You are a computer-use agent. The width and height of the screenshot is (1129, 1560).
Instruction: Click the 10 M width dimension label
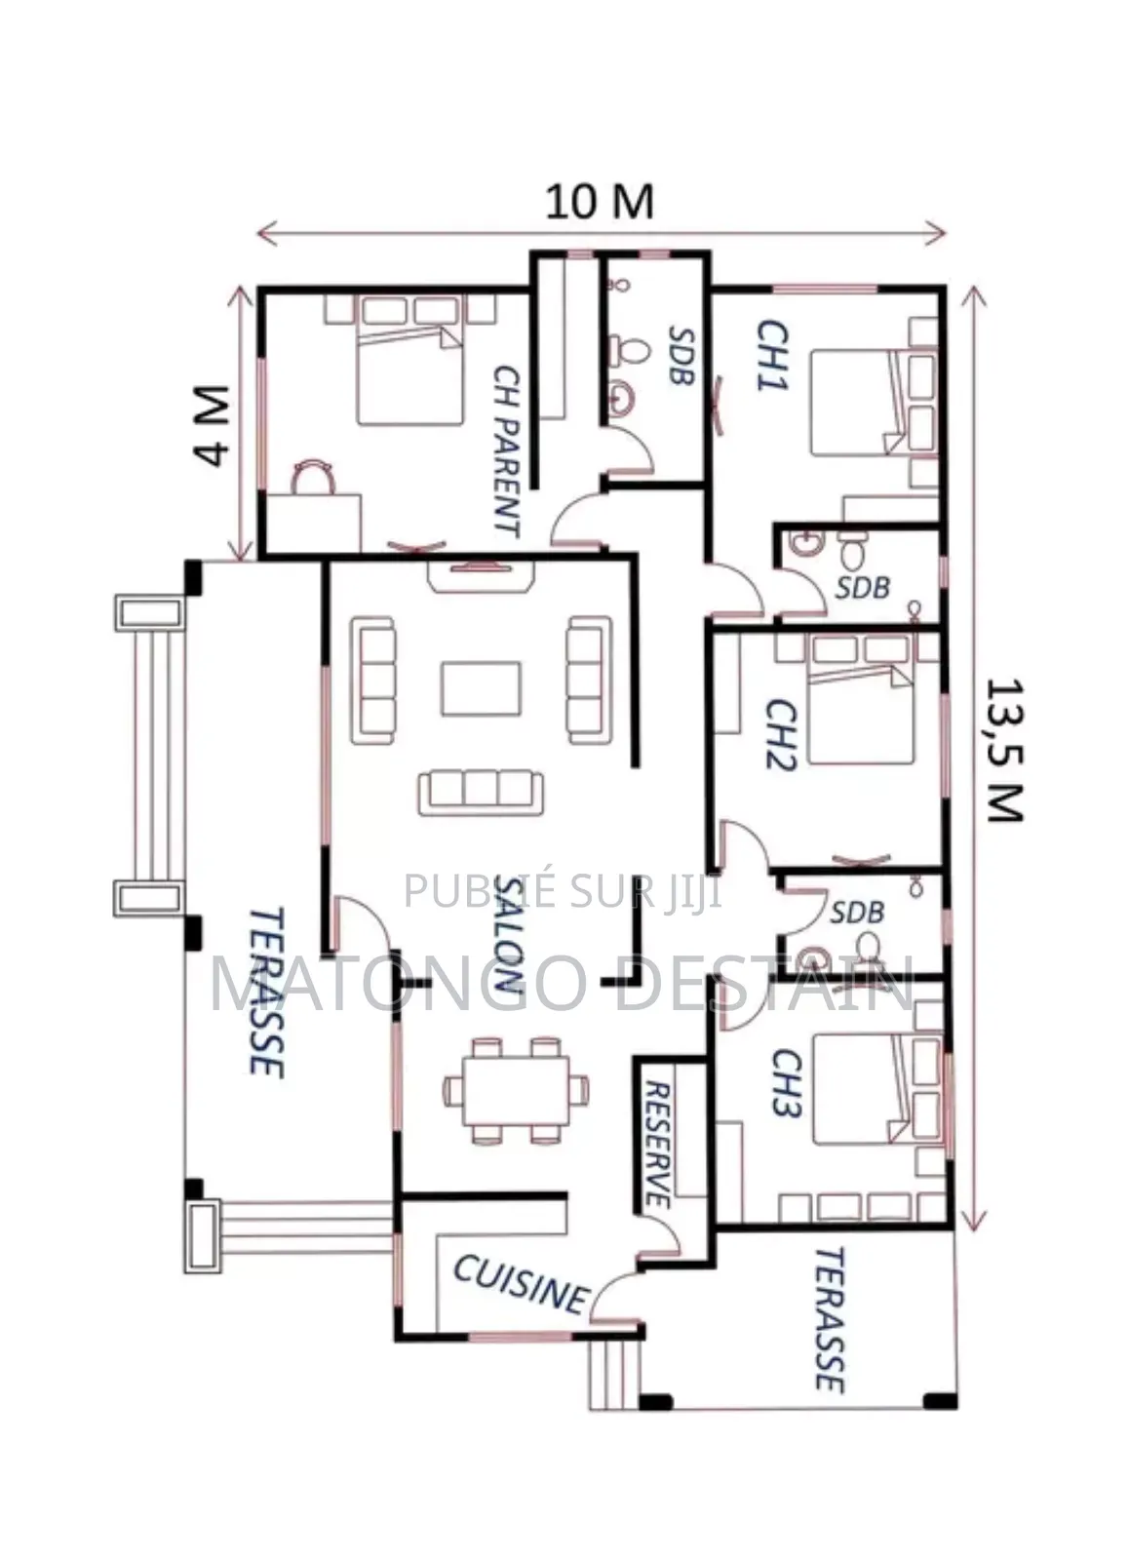pyautogui.click(x=599, y=202)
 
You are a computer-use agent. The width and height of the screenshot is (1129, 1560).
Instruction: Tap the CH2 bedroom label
pyautogui.click(x=781, y=734)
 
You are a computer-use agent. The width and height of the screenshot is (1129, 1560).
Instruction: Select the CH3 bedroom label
pyautogui.click(x=786, y=1082)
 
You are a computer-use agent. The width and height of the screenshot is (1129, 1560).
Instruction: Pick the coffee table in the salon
pyautogui.click(x=481, y=688)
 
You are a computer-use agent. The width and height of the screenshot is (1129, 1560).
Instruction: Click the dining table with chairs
pyautogui.click(x=516, y=1089)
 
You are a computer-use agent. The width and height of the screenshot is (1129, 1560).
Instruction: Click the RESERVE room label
pyautogui.click(x=658, y=1144)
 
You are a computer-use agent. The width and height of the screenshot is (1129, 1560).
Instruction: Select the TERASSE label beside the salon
pyautogui.click(x=266, y=993)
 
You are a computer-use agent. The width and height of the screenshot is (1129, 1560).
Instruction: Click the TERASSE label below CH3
pyautogui.click(x=828, y=1318)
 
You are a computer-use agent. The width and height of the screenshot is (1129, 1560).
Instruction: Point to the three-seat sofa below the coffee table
pyautogui.click(x=481, y=792)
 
